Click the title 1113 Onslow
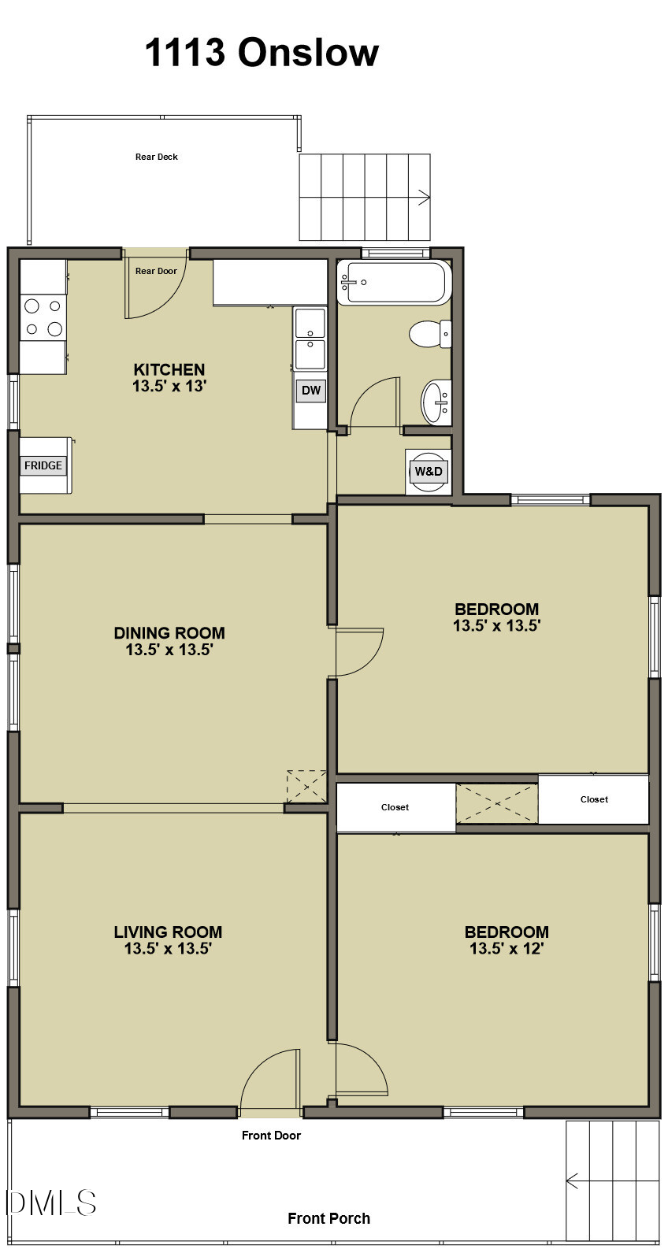(x=262, y=53)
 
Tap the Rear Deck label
(x=156, y=157)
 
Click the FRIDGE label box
(x=43, y=465)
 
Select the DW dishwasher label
(x=311, y=390)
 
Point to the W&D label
(x=429, y=472)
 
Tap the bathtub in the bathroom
(x=393, y=283)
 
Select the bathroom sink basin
(x=435, y=402)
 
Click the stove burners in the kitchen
(x=43, y=317)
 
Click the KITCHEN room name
(x=169, y=369)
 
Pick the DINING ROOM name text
(x=169, y=632)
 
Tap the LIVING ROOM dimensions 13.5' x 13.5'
(x=168, y=949)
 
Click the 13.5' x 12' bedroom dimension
(x=507, y=949)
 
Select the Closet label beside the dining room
(x=395, y=807)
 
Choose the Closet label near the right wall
(x=594, y=799)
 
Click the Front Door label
(x=271, y=1136)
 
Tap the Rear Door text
(x=156, y=271)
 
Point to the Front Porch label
(x=328, y=1218)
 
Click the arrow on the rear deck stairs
(x=423, y=198)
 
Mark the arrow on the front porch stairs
(x=573, y=1181)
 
